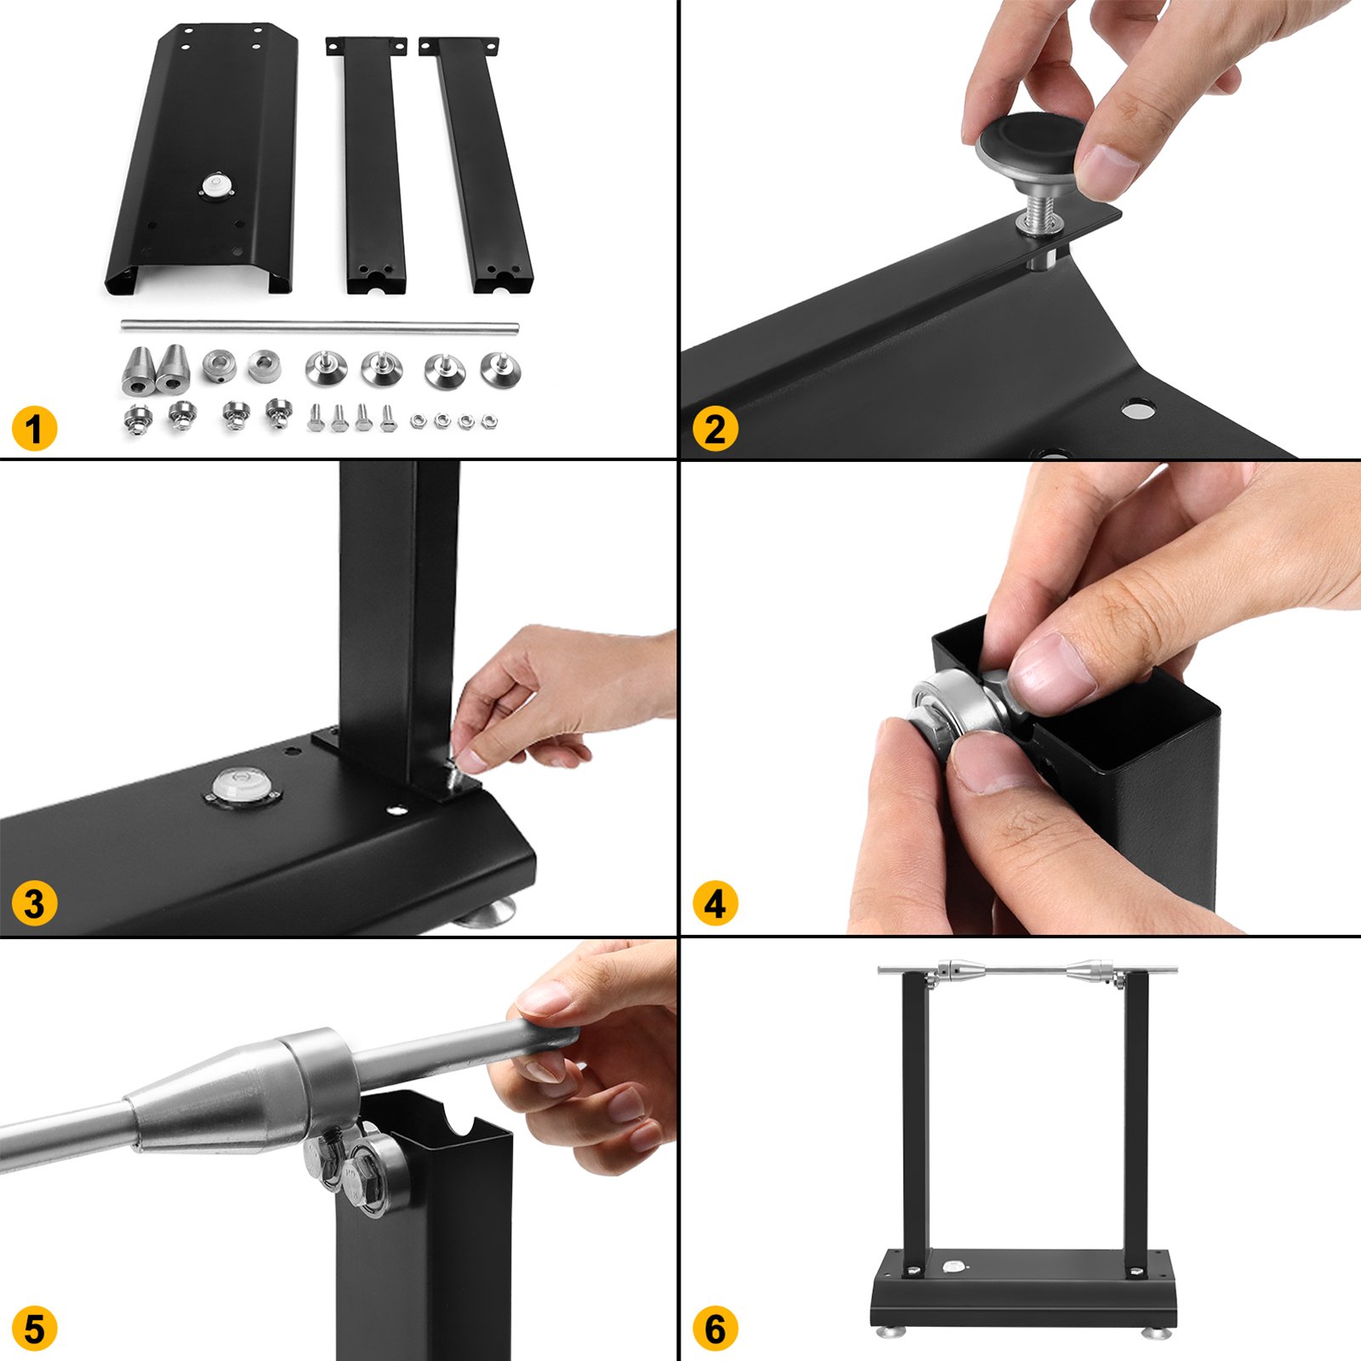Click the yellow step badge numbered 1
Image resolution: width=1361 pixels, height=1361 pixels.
[34, 429]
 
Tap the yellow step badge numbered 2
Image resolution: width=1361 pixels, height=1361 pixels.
[715, 429]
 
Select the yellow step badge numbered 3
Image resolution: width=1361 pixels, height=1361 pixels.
[34, 903]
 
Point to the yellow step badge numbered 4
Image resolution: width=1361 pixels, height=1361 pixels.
[715, 903]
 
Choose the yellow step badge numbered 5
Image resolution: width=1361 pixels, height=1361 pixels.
[34, 1329]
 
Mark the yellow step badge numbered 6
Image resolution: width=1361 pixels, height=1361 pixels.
[715, 1329]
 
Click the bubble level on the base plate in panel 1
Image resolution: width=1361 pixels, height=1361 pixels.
[217, 186]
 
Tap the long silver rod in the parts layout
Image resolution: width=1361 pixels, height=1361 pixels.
[320, 325]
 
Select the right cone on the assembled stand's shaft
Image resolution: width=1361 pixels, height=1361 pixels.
[1090, 971]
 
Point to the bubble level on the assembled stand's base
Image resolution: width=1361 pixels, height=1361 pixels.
[954, 1267]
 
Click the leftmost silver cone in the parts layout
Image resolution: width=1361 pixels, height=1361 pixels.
[138, 370]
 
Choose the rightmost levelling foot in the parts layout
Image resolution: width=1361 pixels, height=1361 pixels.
[499, 369]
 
